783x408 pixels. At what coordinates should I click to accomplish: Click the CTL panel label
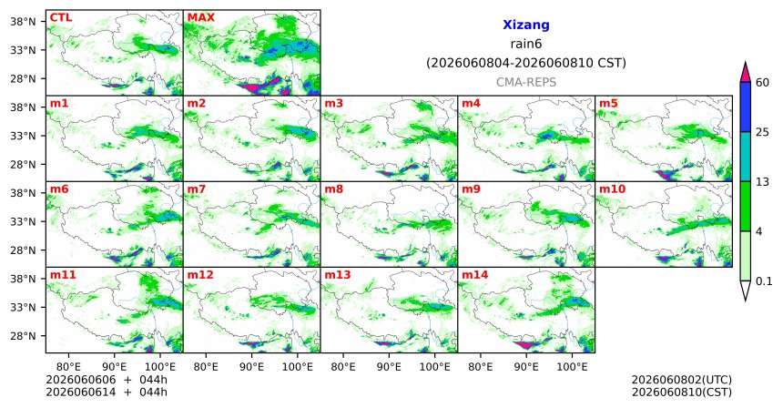coord(61,17)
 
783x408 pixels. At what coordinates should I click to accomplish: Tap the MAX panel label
coord(200,17)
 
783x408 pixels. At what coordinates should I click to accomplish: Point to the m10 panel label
coord(612,189)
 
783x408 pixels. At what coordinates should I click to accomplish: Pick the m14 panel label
coord(475,275)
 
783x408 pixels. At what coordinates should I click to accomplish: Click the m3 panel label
coord(333,104)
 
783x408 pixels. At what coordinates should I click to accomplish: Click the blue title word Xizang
coord(526,25)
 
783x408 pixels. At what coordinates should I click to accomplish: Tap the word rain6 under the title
coord(526,44)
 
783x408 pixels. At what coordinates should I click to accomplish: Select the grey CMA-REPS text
coord(526,82)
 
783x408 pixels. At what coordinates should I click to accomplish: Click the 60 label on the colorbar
coord(763,82)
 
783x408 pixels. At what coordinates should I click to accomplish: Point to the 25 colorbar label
coord(763,132)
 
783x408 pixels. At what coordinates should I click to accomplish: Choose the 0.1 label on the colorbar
coord(764,281)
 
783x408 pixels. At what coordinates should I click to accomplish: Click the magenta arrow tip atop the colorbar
coord(745,63)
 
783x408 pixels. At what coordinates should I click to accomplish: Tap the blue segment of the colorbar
coord(745,107)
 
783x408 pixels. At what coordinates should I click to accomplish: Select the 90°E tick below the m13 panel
coord(389,368)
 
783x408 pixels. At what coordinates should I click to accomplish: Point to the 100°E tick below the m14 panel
coord(572,368)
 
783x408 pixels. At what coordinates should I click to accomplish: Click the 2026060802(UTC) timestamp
coord(682,381)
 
